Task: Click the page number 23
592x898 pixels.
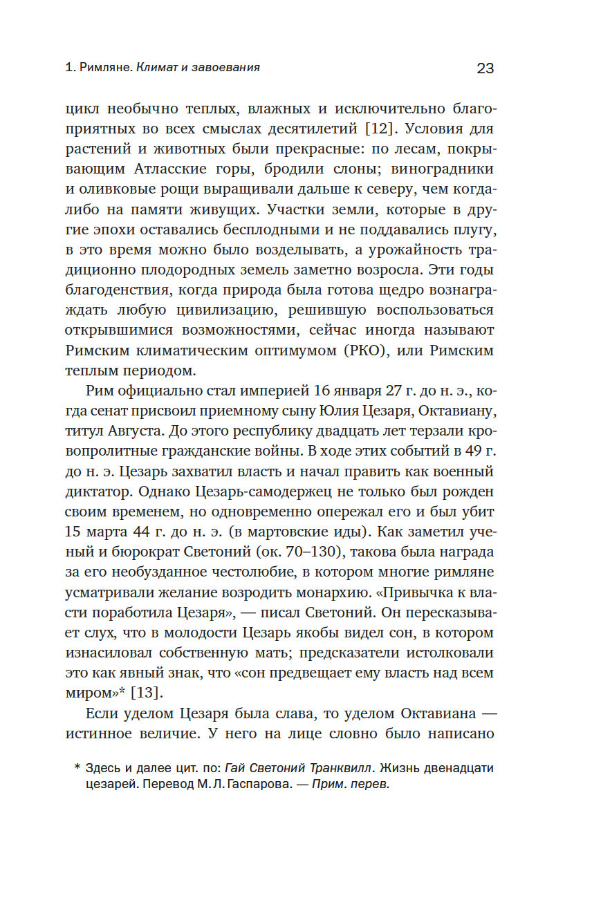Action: point(485,68)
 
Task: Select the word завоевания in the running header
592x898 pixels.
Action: point(228,68)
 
